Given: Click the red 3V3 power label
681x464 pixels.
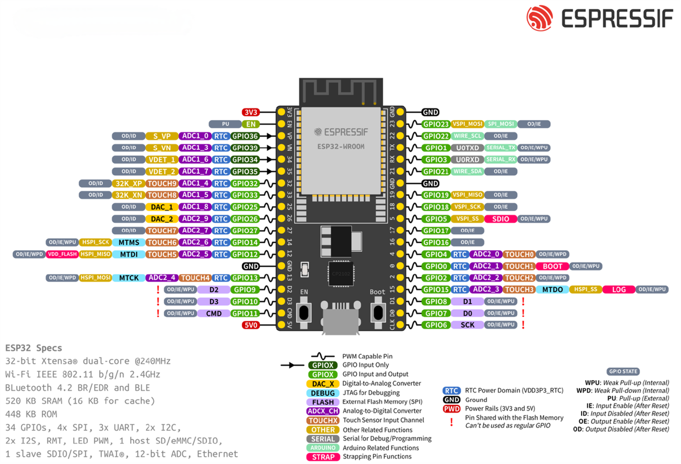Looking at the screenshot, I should pos(250,112).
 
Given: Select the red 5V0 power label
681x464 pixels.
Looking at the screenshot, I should pos(250,325).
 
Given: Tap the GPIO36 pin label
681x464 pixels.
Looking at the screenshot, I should pos(245,136).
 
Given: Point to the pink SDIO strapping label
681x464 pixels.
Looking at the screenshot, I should pos(501,219).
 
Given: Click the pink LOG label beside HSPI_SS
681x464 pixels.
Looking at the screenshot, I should pos(619,289).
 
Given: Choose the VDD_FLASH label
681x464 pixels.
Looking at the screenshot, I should pos(62,254).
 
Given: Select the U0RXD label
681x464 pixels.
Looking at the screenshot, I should pos(467,159).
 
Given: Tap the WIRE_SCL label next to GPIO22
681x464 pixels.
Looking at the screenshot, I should pos(467,136).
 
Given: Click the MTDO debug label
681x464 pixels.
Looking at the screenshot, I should pos(552,289).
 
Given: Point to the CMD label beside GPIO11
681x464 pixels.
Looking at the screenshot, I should pos(214,313).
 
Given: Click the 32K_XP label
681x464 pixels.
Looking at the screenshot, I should pos(129,183).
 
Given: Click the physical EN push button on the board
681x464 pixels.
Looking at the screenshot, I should pos(304,312).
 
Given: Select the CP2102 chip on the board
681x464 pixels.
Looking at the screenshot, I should pos(341,273).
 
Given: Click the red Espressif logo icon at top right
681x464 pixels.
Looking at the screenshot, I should pos(540,18).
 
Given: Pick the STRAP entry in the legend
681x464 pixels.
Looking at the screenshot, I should pos(323,457).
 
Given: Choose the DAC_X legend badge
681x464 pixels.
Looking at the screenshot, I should pos(323,384).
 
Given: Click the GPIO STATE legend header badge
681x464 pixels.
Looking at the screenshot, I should pos(623,371).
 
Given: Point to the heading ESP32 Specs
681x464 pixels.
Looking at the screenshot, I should pos(34,348).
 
